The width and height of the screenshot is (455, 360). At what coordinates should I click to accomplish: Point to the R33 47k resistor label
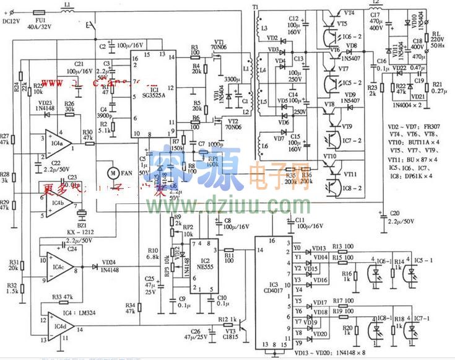point(63,297)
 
